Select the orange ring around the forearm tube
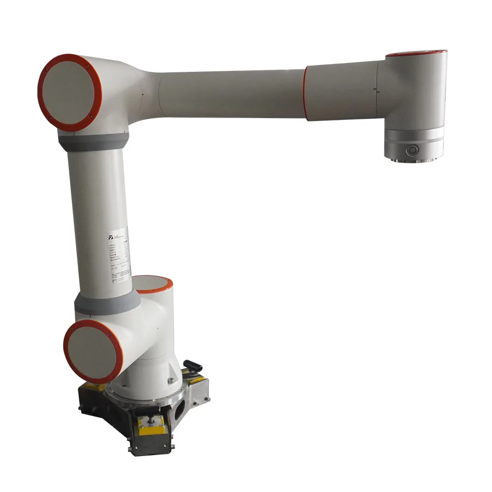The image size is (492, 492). coord(305,93)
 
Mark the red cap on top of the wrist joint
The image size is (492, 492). coord(416,53)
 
